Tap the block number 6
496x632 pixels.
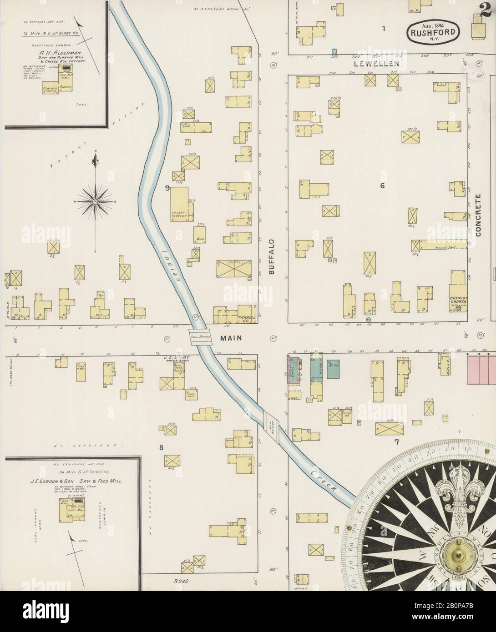383,186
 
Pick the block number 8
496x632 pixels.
161,447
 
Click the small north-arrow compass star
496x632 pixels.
96,200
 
